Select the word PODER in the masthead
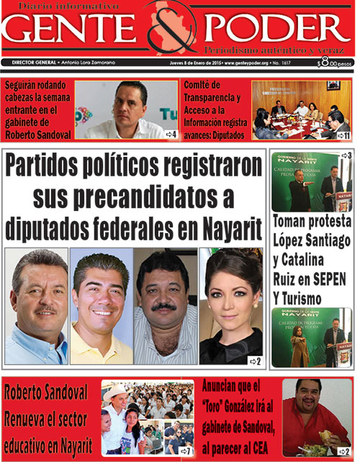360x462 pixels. (277, 30)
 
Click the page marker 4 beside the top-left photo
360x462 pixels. (171, 134)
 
